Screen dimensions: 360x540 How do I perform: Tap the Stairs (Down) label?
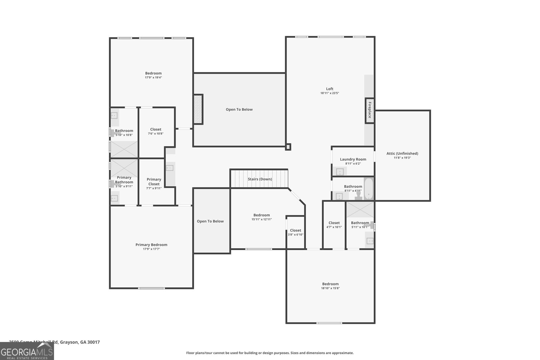tap(260, 179)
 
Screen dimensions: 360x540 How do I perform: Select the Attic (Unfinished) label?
tap(402, 154)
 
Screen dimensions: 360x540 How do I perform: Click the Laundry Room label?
tap(353, 159)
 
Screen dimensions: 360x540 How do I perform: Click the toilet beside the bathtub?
tap(358, 195)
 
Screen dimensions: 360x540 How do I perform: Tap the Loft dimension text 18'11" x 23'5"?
tap(329, 93)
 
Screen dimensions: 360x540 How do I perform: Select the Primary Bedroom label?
tap(151, 245)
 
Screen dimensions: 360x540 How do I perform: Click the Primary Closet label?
tap(154, 182)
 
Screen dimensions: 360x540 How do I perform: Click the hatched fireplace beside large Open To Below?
tap(198, 109)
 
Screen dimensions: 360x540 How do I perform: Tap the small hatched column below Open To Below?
tap(288, 147)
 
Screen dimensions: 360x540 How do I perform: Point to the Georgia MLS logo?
tap(27, 351)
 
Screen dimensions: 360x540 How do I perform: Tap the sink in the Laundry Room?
tap(340, 172)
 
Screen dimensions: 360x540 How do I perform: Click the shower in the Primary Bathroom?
tap(124, 168)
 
